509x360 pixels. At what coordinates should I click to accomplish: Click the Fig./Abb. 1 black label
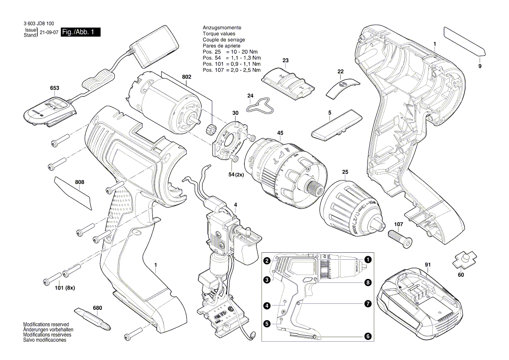[81, 33]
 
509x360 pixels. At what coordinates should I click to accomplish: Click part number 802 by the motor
[186, 77]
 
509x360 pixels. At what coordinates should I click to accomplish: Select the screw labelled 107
[400, 238]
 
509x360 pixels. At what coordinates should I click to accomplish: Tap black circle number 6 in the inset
[368, 336]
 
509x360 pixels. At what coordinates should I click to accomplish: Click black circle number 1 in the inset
[368, 259]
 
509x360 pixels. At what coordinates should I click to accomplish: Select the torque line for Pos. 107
[232, 70]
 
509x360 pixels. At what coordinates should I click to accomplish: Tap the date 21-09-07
[49, 33]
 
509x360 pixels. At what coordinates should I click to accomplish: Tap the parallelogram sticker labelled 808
[74, 192]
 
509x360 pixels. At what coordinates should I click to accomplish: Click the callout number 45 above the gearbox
[280, 132]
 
